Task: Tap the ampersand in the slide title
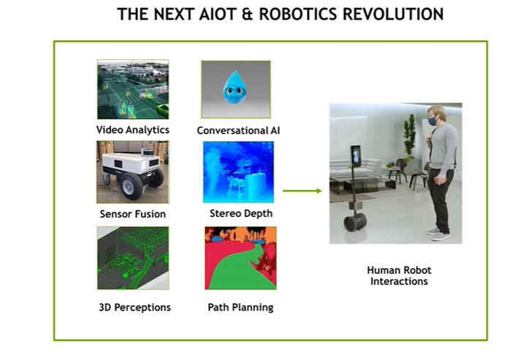(x=247, y=15)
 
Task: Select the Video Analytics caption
(x=133, y=130)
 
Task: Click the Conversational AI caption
(x=238, y=130)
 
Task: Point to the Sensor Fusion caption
(x=133, y=214)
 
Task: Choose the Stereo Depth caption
(x=241, y=213)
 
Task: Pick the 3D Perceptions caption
(x=134, y=307)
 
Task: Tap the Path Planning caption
(x=240, y=307)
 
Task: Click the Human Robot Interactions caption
(x=399, y=275)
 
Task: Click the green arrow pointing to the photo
(x=302, y=191)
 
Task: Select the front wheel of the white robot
(x=129, y=186)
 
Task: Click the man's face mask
(x=432, y=120)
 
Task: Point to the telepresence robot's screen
(x=356, y=156)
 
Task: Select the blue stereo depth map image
(x=238, y=172)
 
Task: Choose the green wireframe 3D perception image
(x=133, y=258)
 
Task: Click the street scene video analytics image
(x=133, y=89)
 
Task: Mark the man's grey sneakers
(x=438, y=234)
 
